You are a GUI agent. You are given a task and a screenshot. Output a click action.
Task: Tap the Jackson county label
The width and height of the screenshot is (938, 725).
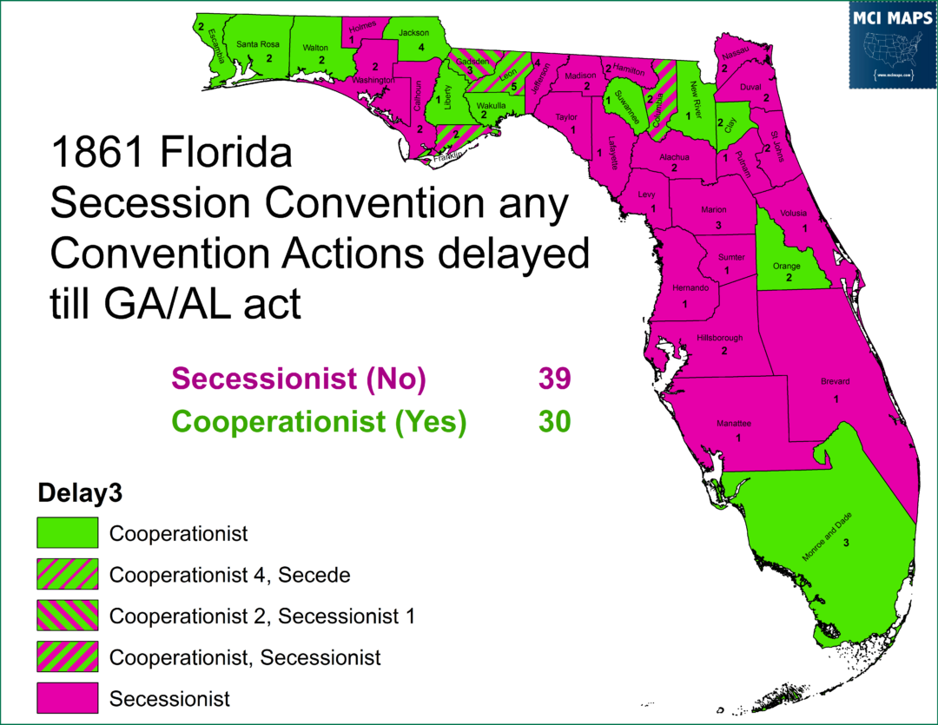pos(414,33)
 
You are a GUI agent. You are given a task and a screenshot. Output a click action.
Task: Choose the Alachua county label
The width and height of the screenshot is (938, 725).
pos(674,157)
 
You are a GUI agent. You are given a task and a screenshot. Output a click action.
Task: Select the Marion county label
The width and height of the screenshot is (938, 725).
pos(714,210)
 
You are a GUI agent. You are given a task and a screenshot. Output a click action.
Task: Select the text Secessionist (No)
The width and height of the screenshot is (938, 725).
pos(299,379)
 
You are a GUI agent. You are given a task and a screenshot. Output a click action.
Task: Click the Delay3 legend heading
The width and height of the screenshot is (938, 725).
pos(78,494)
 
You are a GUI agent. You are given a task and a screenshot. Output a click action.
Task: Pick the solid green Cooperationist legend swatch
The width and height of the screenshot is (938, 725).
pos(67,532)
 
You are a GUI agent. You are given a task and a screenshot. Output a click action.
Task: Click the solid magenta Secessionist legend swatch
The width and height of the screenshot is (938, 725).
pos(67,698)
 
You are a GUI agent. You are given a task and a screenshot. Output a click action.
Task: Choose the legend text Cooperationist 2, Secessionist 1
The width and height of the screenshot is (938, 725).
pos(262,616)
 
